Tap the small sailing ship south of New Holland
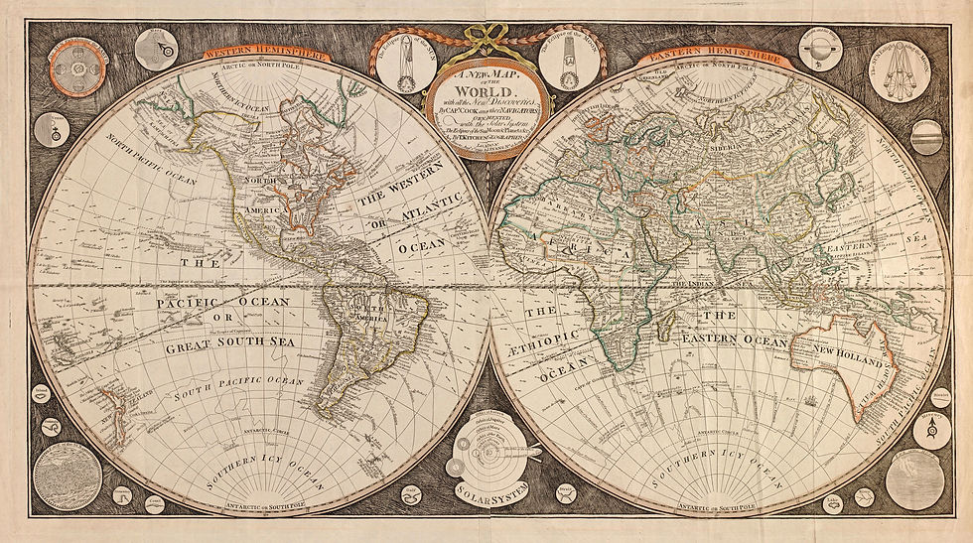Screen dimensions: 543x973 (x=812, y=401)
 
